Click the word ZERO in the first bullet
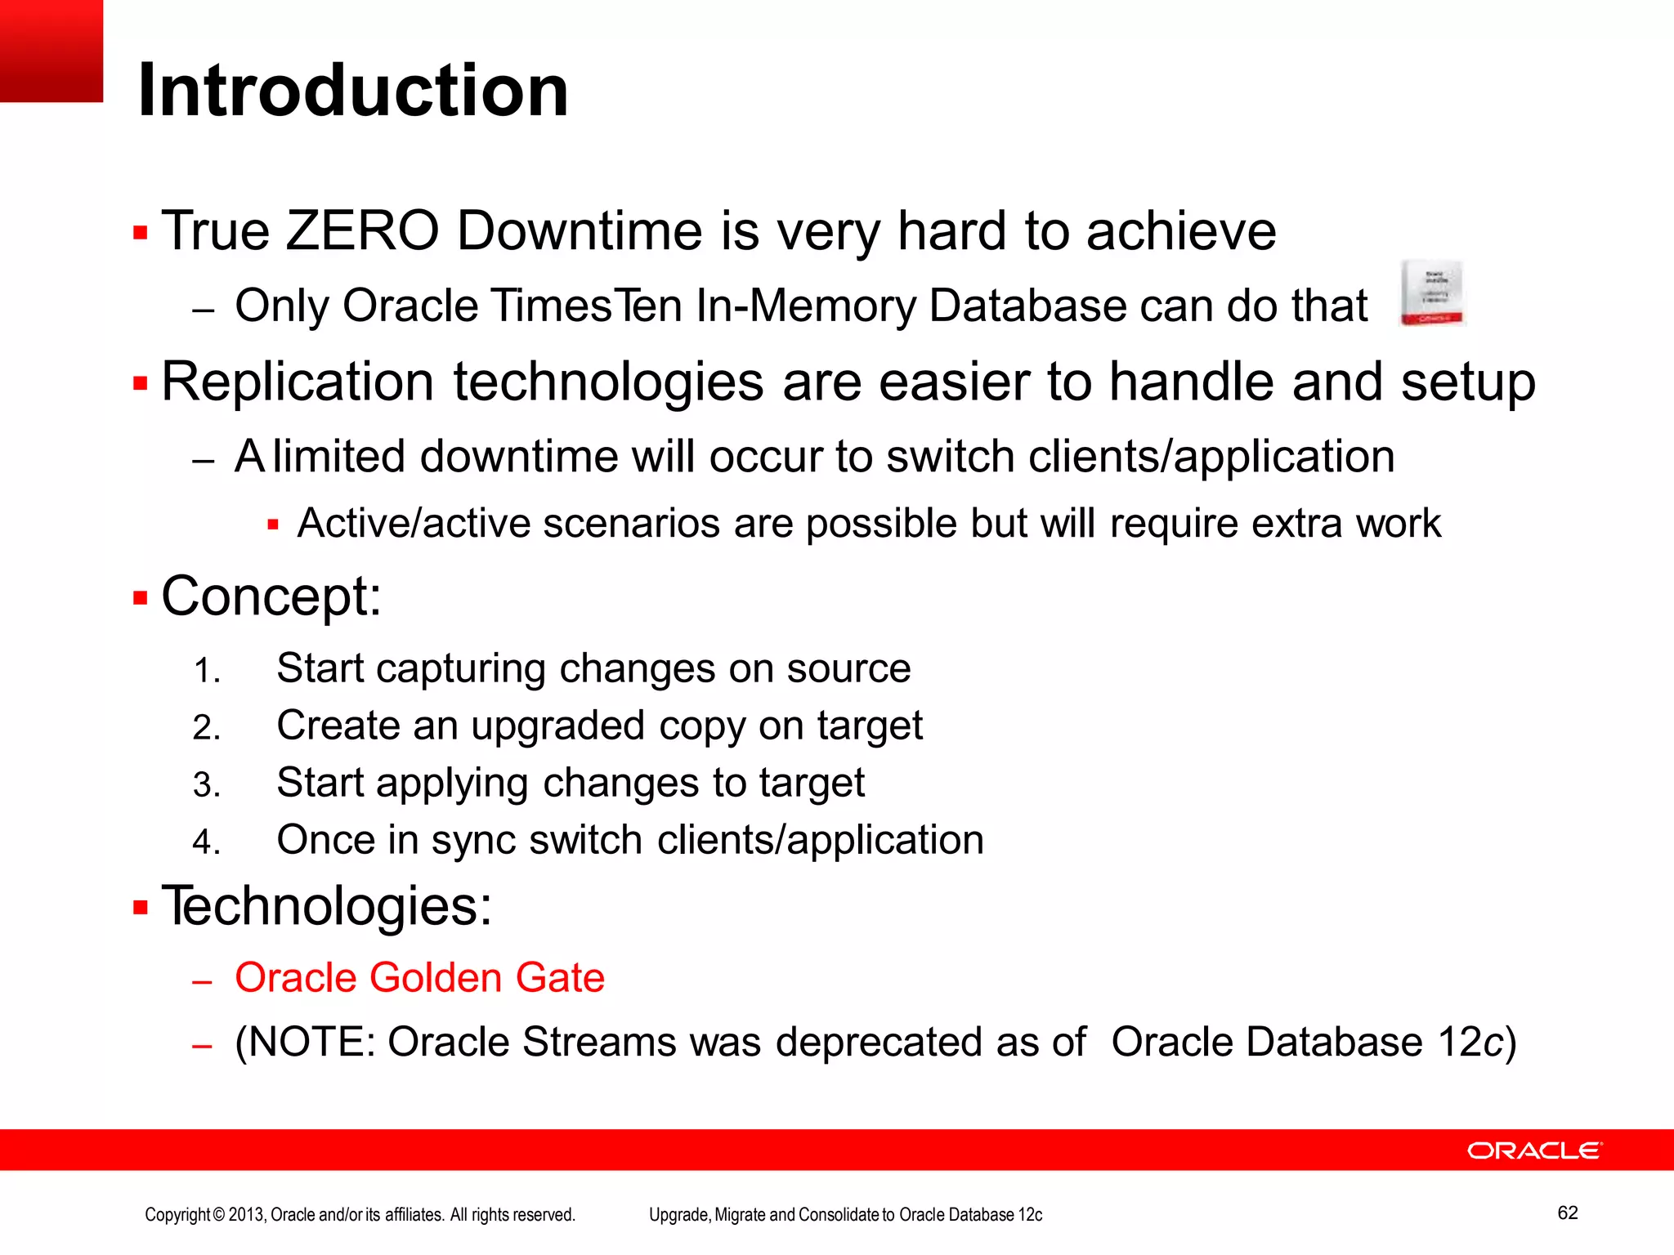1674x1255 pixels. [x=362, y=230]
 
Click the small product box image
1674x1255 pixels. [x=1432, y=293]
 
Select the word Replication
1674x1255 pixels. [x=298, y=382]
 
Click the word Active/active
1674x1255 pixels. [x=414, y=523]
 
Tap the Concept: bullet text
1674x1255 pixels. [x=271, y=596]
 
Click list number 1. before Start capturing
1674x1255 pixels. [x=207, y=672]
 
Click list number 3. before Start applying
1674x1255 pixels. [x=207, y=786]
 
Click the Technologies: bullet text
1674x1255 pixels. [x=327, y=906]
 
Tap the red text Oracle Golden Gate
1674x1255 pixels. [x=419, y=978]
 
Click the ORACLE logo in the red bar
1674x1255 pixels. [x=1534, y=1150]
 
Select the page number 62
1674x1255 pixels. [x=1567, y=1213]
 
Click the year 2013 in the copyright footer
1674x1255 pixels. [x=246, y=1215]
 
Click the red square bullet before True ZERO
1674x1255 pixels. [x=141, y=233]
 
